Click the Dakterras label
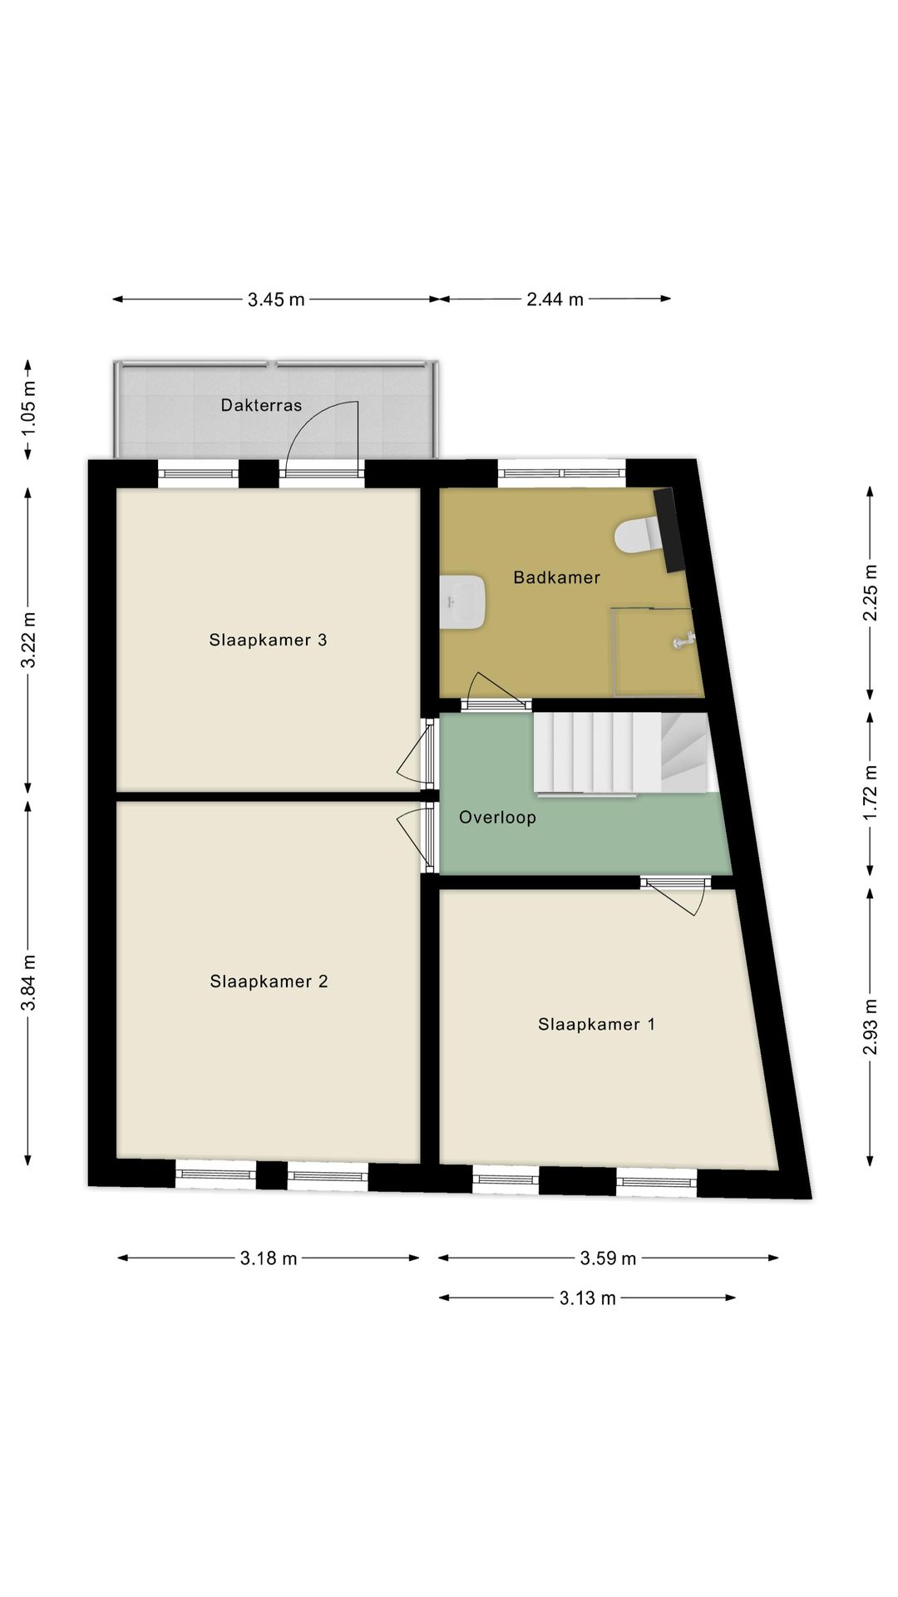pyautogui.click(x=261, y=405)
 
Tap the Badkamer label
pyautogui.click(x=556, y=577)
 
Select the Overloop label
pyautogui.click(x=497, y=818)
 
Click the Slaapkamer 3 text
pyautogui.click(x=268, y=640)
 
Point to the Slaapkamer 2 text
pyautogui.click(x=269, y=981)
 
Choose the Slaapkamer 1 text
pyautogui.click(x=596, y=1024)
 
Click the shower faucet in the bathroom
pyautogui.click(x=683, y=640)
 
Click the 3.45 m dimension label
pyautogui.click(x=276, y=299)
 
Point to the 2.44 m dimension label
pyautogui.click(x=555, y=299)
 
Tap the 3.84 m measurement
pyautogui.click(x=29, y=982)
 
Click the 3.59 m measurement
pyautogui.click(x=608, y=1258)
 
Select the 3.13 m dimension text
pyautogui.click(x=587, y=1298)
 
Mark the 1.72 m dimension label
pyautogui.click(x=870, y=793)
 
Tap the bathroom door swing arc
pyautogui.click(x=494, y=687)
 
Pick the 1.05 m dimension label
pyautogui.click(x=29, y=410)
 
